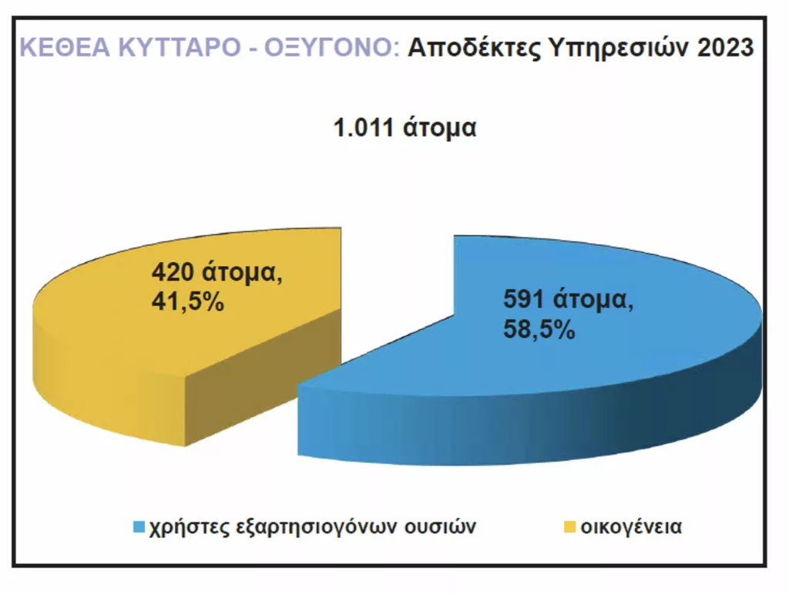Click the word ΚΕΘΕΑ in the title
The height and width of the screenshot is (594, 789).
click(65, 47)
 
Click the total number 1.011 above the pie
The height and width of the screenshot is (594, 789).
click(364, 127)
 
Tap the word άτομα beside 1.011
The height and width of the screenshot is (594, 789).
click(439, 128)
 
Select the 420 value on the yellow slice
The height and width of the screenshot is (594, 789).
click(173, 272)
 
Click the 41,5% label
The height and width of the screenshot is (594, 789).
click(188, 302)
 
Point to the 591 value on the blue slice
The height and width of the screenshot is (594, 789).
click(523, 299)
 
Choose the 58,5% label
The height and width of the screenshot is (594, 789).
click(539, 330)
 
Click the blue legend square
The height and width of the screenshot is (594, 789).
click(139, 527)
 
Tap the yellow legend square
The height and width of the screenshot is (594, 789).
click(569, 527)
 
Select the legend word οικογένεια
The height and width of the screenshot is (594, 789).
click(631, 527)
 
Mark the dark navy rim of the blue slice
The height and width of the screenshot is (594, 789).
click(704, 402)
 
